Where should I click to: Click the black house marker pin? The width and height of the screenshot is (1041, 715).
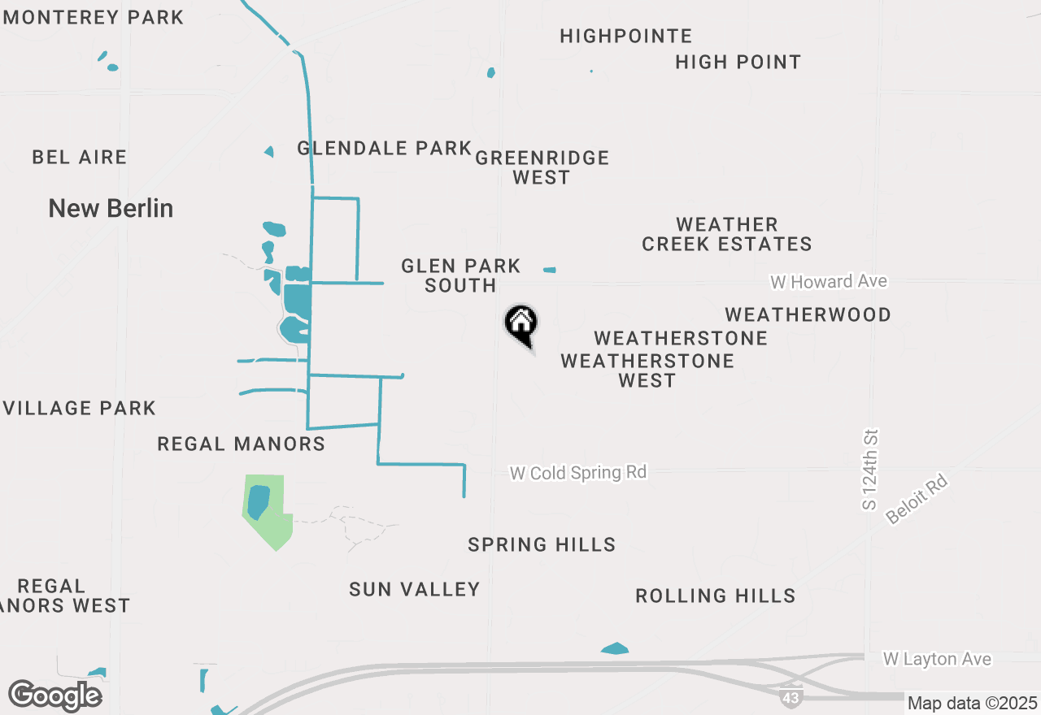(521, 323)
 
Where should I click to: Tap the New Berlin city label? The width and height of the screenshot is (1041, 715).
(111, 208)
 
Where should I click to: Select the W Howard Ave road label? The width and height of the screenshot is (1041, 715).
(829, 281)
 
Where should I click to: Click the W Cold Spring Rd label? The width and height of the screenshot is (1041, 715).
(578, 472)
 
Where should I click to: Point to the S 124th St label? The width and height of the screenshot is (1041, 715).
(871, 470)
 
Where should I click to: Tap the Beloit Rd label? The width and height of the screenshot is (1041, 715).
(917, 500)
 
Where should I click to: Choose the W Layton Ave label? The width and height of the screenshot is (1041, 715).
(937, 658)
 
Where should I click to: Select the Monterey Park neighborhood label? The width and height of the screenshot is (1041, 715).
(94, 17)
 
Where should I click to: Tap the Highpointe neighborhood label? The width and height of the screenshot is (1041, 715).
(626, 36)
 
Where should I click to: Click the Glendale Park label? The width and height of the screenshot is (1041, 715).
(385, 148)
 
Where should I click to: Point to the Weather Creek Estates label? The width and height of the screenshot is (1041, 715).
(727, 234)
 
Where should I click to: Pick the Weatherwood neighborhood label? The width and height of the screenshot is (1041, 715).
(808, 314)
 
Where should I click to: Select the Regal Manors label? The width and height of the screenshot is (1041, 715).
(241, 444)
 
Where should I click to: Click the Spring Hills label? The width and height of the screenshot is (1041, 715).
(542, 544)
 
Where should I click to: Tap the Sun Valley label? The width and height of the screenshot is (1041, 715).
(415, 589)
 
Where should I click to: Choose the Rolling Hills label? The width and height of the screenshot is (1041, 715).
(716, 596)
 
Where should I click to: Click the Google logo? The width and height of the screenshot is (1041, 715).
(54, 696)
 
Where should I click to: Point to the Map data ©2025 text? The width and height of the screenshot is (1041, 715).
(972, 703)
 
